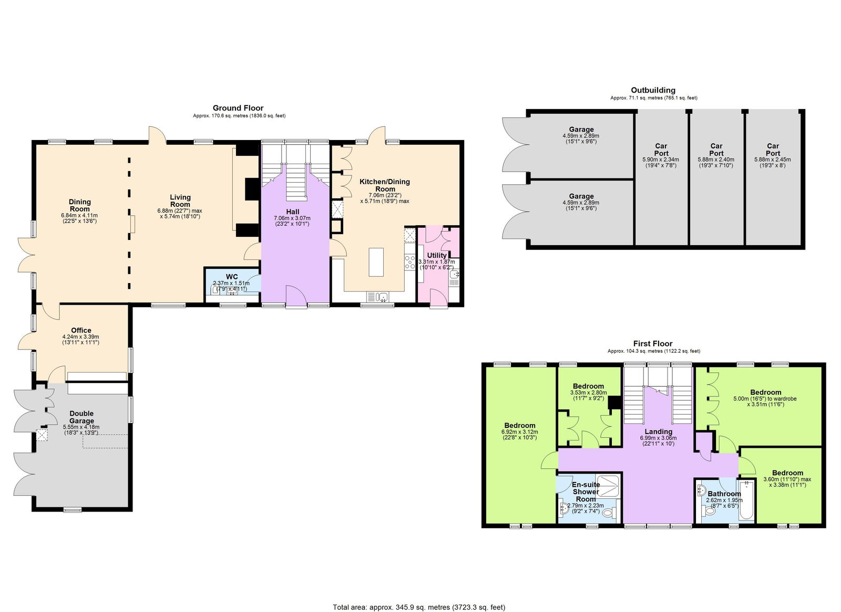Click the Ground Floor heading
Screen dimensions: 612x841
238,108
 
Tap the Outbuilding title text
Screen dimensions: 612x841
653,90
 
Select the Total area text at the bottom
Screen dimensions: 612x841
418,607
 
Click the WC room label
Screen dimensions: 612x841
232,277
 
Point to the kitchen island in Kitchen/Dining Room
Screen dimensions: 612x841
376,262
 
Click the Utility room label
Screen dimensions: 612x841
436,255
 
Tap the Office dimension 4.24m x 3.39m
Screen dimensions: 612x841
80,337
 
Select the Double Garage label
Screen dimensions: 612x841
81,417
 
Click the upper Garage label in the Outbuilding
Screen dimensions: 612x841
581,129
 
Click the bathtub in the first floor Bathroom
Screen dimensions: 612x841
746,500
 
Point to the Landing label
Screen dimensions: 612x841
658,432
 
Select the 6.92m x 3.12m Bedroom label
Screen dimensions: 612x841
519,426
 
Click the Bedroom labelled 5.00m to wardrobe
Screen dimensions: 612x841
765,393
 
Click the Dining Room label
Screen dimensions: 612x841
80,205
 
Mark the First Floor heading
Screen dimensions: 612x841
653,344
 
